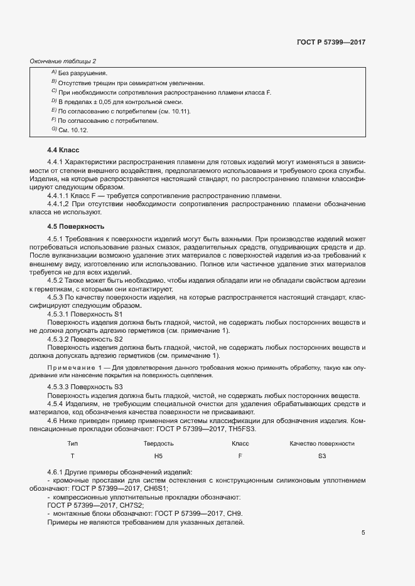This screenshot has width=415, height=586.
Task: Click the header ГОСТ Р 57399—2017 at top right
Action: pos(331,42)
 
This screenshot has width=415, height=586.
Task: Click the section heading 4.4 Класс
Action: pos(62,150)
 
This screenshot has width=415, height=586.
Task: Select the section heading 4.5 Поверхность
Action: pos(75,226)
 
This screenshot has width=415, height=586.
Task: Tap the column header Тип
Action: pos(72,443)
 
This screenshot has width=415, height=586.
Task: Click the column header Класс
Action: pos(240,443)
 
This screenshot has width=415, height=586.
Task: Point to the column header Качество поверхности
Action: pos(321,443)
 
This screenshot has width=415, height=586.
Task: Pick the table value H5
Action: pos(158,456)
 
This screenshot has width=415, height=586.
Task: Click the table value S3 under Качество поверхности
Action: pos(322,456)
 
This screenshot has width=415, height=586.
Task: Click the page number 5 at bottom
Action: pos(363,533)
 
